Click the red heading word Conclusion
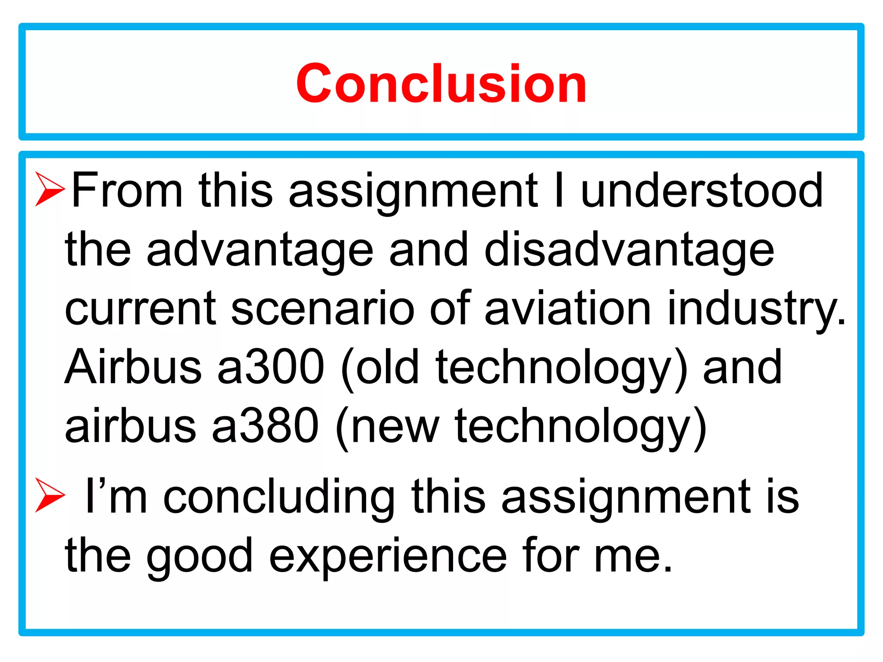[441, 83]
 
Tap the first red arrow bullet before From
[50, 189]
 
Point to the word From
[127, 190]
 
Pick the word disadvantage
[629, 250]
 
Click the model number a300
[271, 366]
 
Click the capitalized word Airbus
[134, 366]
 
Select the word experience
[388, 556]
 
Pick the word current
[141, 309]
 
